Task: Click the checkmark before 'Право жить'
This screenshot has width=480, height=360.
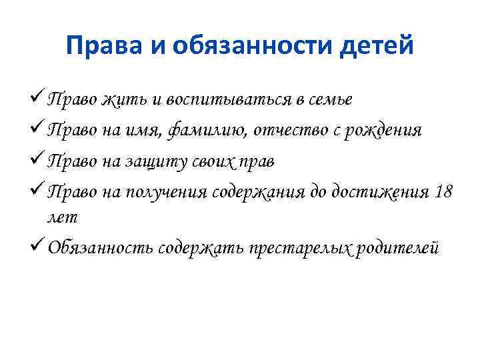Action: tap(39, 99)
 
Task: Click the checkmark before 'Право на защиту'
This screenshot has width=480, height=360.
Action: tap(39, 161)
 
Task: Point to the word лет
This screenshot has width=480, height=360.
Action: tap(63, 217)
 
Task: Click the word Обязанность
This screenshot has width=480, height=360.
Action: tap(101, 248)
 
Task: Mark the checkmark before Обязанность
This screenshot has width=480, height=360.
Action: tap(39, 247)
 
